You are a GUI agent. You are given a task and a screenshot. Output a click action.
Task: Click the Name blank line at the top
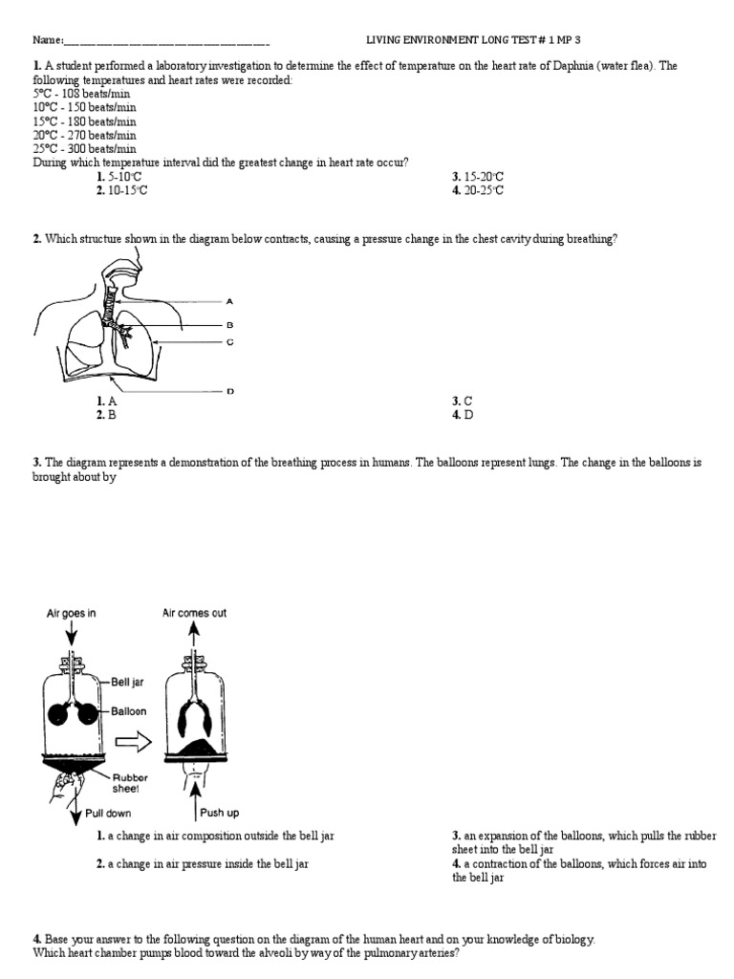(166, 41)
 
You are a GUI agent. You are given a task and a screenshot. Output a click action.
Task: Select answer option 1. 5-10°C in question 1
(119, 177)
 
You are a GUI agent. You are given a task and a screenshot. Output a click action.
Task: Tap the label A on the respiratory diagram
(229, 300)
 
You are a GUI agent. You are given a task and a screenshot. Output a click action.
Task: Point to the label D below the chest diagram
(229, 390)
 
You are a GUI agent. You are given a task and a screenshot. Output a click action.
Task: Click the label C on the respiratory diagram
(229, 341)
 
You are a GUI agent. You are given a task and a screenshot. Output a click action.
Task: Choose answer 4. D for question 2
(463, 415)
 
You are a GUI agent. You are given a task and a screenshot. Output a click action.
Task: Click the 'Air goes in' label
(72, 614)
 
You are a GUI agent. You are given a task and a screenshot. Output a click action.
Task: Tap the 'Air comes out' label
(194, 614)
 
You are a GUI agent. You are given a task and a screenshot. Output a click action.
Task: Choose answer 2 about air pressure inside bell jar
(215, 863)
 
